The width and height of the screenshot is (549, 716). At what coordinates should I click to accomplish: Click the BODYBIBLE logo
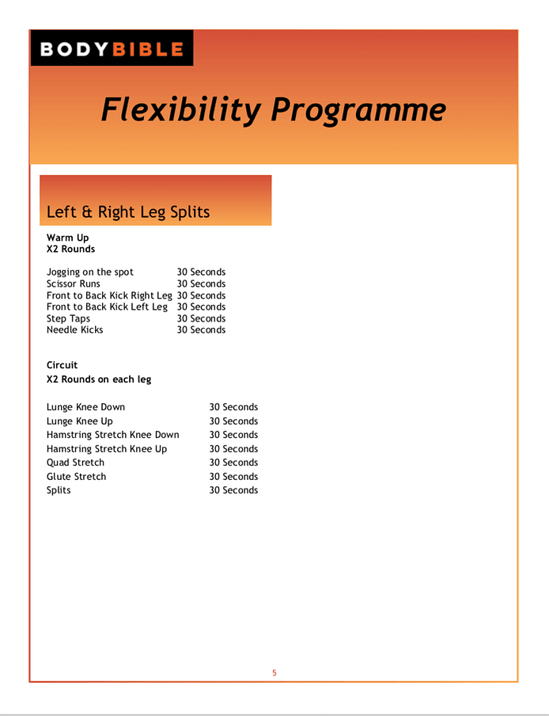point(112,49)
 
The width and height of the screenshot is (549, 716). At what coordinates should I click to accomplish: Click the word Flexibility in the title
point(180,110)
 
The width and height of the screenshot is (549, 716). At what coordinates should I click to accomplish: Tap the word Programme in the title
point(358,110)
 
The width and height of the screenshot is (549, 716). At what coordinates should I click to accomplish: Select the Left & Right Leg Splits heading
point(128,212)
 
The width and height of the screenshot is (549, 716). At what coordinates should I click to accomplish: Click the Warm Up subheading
point(68,238)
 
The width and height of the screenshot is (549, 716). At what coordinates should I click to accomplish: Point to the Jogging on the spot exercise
point(90,272)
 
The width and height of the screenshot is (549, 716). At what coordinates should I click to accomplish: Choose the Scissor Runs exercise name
point(74,284)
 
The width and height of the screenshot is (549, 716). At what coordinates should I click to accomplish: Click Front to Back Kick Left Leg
point(107,307)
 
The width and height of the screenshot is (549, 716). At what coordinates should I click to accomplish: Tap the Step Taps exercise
point(69,318)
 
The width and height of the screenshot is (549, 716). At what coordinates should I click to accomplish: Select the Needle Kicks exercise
point(75,329)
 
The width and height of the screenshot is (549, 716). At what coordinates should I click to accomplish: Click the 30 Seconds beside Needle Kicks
point(201,329)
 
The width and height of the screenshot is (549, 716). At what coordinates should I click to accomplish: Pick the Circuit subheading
point(62,365)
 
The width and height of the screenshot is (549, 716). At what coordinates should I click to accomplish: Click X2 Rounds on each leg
point(99,379)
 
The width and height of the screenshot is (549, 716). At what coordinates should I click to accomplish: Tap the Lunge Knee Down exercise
point(85,407)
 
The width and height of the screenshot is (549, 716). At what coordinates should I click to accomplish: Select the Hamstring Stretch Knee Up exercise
point(107,449)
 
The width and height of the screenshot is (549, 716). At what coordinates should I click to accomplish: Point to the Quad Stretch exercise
point(75,463)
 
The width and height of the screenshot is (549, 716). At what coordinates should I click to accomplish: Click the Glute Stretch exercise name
point(76,477)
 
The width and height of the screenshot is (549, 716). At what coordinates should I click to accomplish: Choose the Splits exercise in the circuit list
point(59,490)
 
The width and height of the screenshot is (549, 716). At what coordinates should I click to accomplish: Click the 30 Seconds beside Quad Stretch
point(233,463)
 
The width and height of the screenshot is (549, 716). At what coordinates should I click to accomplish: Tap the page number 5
point(274,673)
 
